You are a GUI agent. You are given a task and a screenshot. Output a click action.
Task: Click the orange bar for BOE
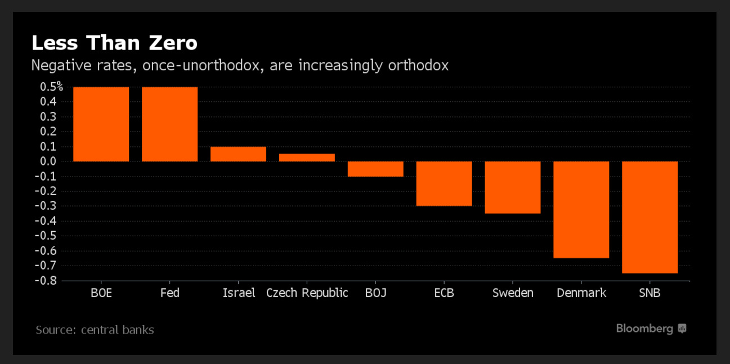click(101, 124)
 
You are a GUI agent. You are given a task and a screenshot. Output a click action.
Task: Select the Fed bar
click(169, 124)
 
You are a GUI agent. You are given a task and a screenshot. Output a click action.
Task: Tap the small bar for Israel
click(238, 154)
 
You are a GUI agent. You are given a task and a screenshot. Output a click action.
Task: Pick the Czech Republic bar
click(307, 158)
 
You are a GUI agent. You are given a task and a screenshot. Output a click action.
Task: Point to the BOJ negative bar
click(375, 169)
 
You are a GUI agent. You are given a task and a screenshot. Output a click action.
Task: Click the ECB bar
click(444, 183)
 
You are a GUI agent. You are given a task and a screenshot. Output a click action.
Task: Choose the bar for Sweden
click(513, 187)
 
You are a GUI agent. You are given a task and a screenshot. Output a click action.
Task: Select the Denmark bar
click(581, 209)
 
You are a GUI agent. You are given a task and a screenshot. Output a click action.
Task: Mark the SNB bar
click(650, 217)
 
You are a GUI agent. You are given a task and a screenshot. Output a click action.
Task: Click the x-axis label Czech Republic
click(307, 293)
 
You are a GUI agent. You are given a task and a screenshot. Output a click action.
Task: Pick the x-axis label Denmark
click(581, 293)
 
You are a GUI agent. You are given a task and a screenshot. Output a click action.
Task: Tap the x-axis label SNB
click(650, 293)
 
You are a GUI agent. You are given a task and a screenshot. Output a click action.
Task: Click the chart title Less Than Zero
click(114, 43)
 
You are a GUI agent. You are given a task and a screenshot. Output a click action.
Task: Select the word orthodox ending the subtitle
click(418, 65)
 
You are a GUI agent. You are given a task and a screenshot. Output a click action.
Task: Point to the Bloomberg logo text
click(644, 329)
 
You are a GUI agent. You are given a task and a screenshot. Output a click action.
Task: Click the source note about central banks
click(95, 330)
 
